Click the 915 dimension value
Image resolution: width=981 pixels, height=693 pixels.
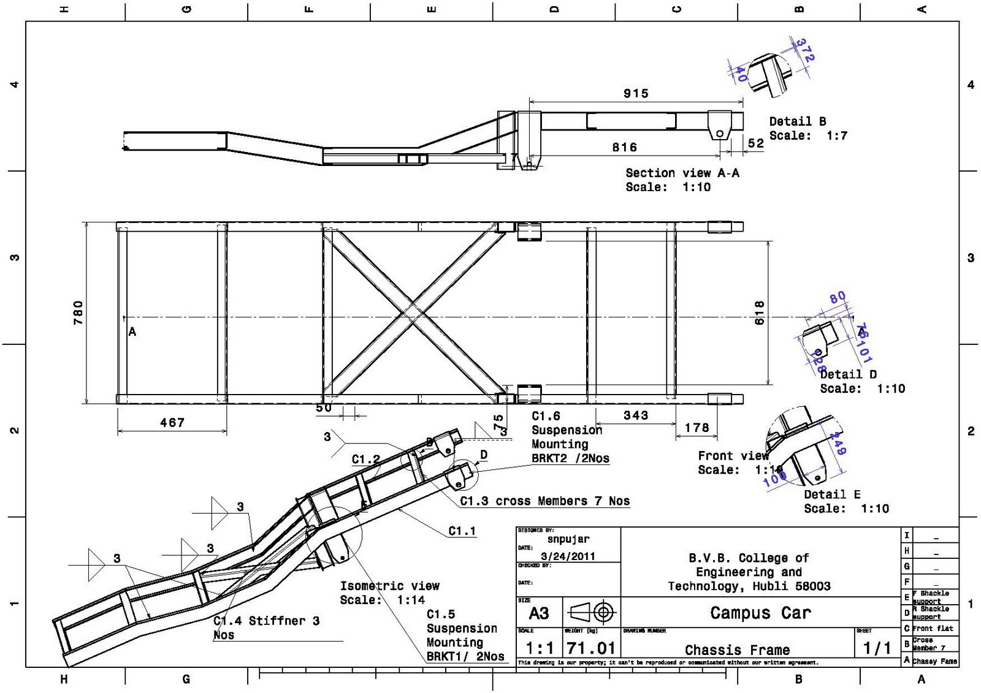pyautogui.click(x=636, y=94)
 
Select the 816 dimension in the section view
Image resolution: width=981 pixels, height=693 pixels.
pyautogui.click(x=624, y=147)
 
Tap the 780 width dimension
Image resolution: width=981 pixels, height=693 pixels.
pyautogui.click(x=78, y=312)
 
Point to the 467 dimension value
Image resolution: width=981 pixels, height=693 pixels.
pyautogui.click(x=172, y=423)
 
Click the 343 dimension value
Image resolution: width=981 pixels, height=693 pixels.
pyautogui.click(x=636, y=415)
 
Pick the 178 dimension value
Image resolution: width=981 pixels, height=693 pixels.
pyautogui.click(x=697, y=427)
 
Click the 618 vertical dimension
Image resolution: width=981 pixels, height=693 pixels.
pyautogui.click(x=760, y=312)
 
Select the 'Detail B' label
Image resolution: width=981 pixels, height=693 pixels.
pyautogui.click(x=798, y=121)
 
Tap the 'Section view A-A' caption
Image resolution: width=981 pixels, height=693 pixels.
pyautogui.click(x=682, y=173)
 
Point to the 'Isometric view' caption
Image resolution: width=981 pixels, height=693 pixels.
pyautogui.click(x=390, y=586)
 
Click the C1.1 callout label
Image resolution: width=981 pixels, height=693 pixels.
pyautogui.click(x=462, y=531)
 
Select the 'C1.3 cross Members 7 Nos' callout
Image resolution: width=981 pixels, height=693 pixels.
pyautogui.click(x=545, y=501)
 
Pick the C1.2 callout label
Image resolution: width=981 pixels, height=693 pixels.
pyautogui.click(x=366, y=459)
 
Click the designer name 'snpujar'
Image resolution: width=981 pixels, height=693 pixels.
pyautogui.click(x=568, y=539)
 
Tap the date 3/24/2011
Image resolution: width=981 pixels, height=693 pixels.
pyautogui.click(x=568, y=556)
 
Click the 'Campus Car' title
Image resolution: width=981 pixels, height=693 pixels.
pyautogui.click(x=760, y=613)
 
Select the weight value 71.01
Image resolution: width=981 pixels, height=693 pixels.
pyautogui.click(x=590, y=648)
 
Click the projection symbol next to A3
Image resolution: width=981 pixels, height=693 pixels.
pyautogui.click(x=592, y=612)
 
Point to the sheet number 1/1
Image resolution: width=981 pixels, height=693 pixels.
pyautogui.click(x=877, y=648)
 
